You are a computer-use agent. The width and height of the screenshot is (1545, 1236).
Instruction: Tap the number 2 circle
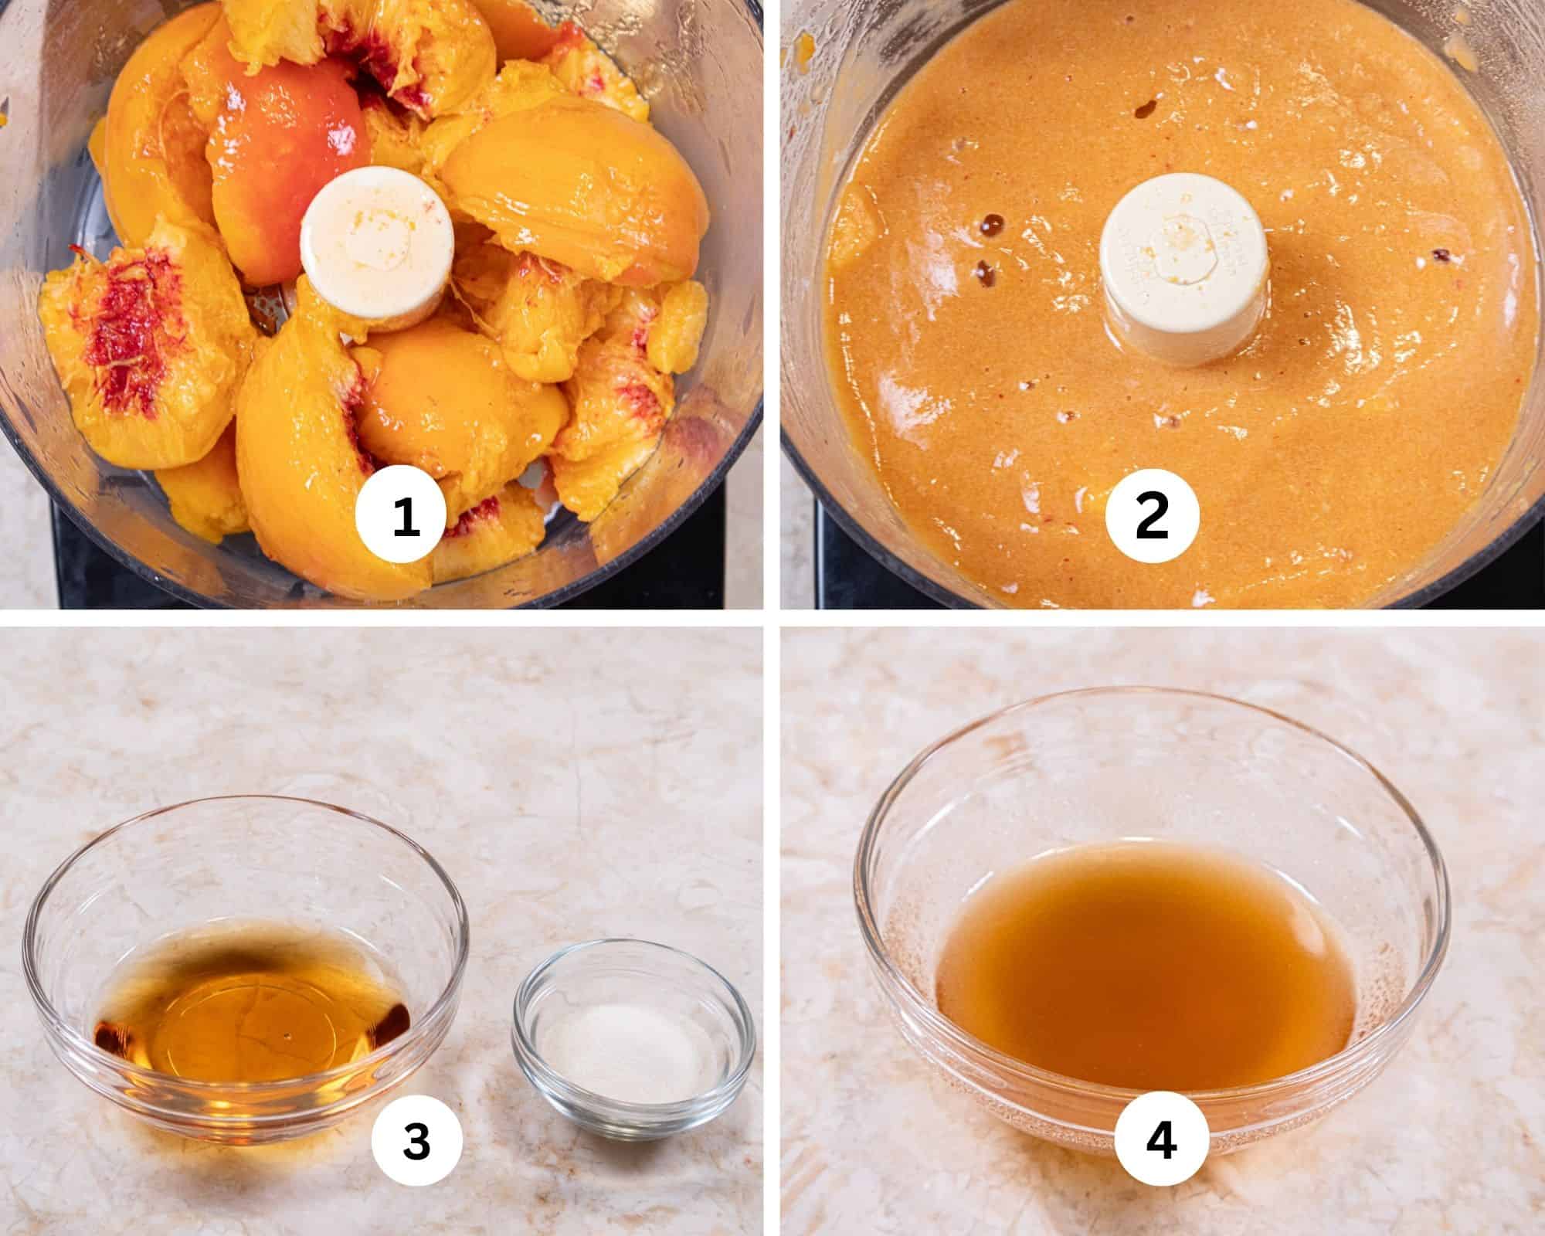1153,517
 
